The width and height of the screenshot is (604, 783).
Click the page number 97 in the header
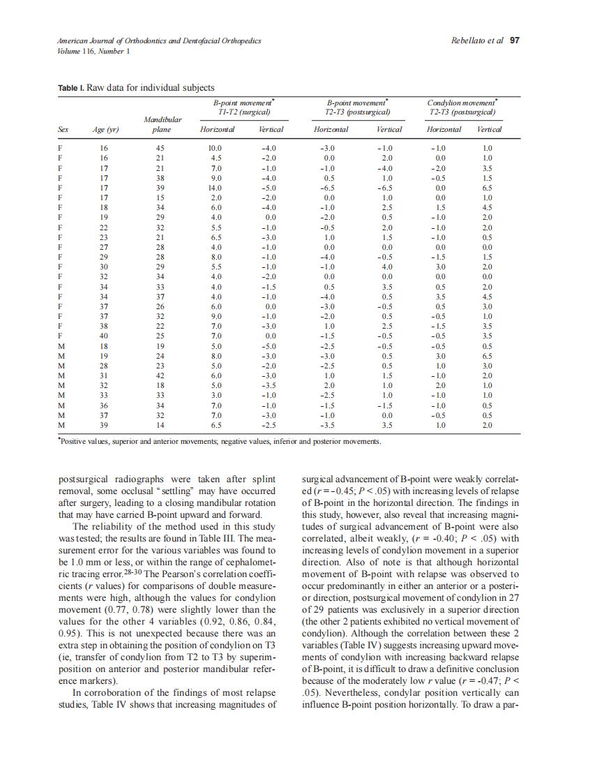(515, 40)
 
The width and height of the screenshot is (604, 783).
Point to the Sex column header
(63, 130)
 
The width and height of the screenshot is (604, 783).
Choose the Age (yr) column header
(106, 130)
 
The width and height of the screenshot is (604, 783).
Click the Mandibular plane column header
(163, 125)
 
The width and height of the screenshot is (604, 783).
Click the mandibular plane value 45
(160, 149)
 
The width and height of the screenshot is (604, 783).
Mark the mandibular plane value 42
(160, 375)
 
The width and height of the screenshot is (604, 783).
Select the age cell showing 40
(105, 336)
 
